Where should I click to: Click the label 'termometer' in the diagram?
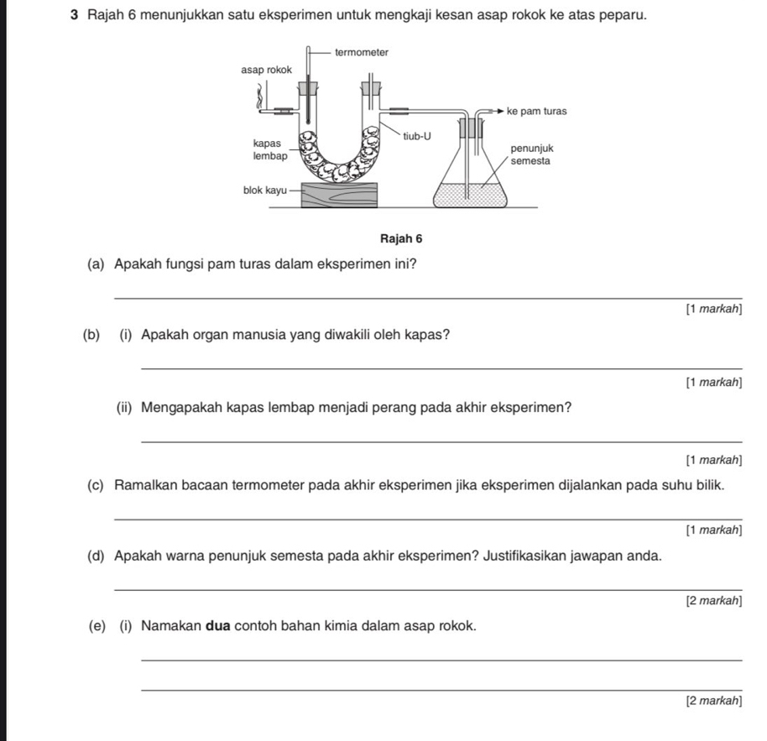click(362, 52)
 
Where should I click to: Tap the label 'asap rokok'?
click(266, 70)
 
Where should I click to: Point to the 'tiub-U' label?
click(417, 136)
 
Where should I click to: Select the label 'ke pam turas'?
click(538, 111)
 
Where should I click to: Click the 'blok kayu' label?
click(264, 190)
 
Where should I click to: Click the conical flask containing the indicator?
click(471, 180)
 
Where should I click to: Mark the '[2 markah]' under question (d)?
click(713, 601)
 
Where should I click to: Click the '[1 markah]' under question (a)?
click(713, 310)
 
